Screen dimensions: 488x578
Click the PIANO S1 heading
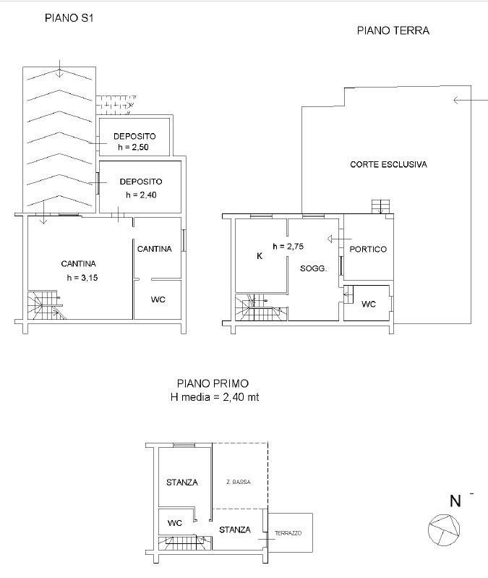pos(69,18)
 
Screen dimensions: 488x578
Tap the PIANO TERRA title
pos(393,30)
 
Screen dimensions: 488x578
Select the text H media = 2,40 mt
pos(215,397)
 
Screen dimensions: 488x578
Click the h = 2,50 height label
pos(133,147)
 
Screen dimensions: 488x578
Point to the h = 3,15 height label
pos(82,278)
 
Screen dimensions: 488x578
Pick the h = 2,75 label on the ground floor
pos(288,246)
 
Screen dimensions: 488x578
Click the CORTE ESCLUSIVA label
pos(388,164)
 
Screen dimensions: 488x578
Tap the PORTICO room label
pos(368,249)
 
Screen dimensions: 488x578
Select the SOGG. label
pos(314,268)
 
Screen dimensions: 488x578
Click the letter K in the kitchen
pos(260,256)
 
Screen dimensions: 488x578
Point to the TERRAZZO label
pos(288,533)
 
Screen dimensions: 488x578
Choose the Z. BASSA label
pos(239,482)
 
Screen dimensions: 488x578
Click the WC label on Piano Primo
pos(174,523)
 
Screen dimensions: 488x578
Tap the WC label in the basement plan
pos(158,299)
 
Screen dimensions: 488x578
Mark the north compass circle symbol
pos(444,530)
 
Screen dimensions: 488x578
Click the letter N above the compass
pos(455,501)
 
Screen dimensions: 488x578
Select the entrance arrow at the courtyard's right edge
pos(471,100)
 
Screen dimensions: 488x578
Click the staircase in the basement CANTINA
pos(46,305)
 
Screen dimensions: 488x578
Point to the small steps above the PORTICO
pos(380,206)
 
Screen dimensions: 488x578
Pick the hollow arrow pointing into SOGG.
pos(340,239)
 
